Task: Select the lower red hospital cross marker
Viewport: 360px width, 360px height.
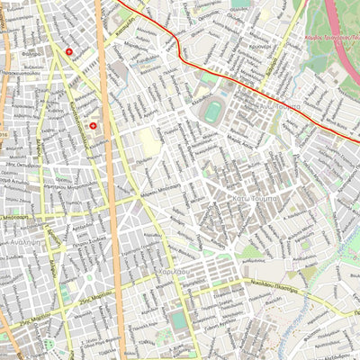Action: click(92, 126)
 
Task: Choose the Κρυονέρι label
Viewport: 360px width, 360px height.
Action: click(261, 45)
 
